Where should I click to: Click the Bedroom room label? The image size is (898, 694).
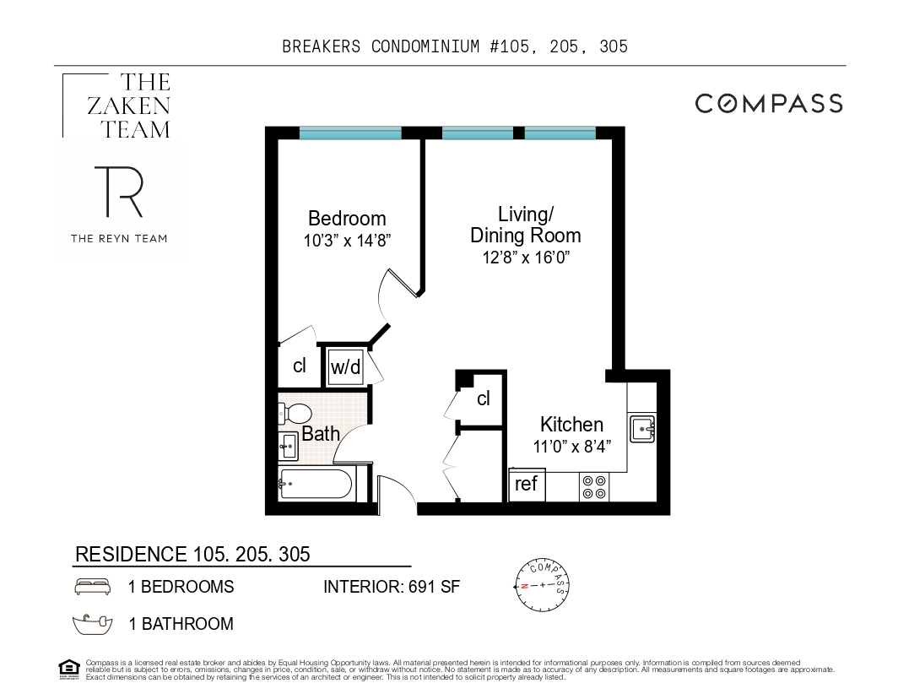(346, 218)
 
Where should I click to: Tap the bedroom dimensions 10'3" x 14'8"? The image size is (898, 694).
(346, 240)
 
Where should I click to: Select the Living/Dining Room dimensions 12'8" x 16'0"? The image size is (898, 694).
(525, 258)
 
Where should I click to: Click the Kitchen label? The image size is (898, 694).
(571, 424)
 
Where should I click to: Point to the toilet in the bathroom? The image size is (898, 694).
(295, 414)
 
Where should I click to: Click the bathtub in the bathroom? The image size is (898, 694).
(316, 485)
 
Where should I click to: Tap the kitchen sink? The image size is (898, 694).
(641, 429)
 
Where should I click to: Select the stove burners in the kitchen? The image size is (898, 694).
(593, 486)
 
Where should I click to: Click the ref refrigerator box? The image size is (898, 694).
(527, 485)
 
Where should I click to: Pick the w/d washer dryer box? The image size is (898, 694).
(344, 366)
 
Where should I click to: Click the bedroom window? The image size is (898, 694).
(350, 133)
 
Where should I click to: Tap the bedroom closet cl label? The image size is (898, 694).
(299, 366)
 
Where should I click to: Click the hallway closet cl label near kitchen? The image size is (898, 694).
(483, 399)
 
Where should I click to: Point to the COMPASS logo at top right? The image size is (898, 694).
(768, 104)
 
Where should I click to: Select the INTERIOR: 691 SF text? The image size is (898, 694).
(392, 587)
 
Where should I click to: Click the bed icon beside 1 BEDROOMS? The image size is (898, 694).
(93, 586)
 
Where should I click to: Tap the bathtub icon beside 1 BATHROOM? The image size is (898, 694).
(93, 624)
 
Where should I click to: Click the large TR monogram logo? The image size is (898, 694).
(117, 192)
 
